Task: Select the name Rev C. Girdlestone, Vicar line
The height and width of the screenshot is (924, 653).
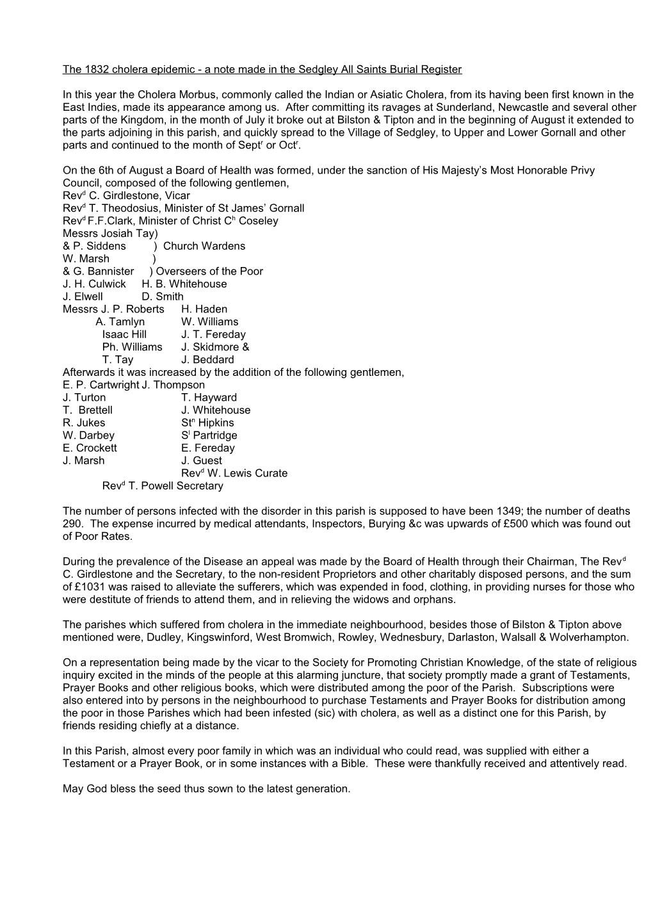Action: [x=126, y=195]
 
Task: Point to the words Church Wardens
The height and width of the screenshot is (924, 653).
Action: [x=204, y=246]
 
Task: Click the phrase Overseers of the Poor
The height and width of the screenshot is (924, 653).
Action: [x=209, y=272]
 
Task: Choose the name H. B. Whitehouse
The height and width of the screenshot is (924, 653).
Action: [x=184, y=284]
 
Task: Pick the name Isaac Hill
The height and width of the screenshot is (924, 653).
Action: [x=124, y=334]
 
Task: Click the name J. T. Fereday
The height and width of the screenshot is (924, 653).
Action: [x=213, y=334]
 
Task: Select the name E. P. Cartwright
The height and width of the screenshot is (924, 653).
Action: [x=101, y=385]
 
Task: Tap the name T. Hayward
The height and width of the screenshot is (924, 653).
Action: [x=209, y=398]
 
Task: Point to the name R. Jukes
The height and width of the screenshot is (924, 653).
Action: [x=84, y=423]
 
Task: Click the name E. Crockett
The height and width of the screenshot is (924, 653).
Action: [x=90, y=448]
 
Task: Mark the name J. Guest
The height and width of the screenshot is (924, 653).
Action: [x=202, y=460]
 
